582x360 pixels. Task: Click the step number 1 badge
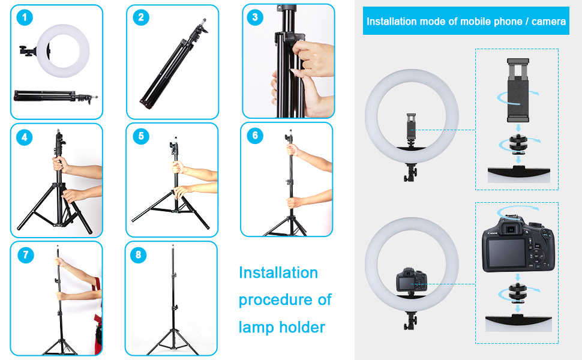[x=25, y=17]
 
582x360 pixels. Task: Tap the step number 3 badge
[x=254, y=17]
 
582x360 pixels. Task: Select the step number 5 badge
[x=141, y=136]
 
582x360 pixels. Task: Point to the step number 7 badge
[x=26, y=255]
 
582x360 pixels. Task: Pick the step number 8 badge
[x=139, y=255]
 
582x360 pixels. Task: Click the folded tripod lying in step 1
[x=56, y=96]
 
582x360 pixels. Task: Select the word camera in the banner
[x=548, y=22]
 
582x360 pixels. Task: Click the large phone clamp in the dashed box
[x=518, y=90]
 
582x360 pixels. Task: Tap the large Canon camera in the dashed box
[x=518, y=245]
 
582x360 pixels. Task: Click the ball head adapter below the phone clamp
[x=518, y=144]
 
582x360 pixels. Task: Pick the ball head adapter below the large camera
[x=518, y=293]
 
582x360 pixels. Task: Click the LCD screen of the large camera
[x=506, y=253]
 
